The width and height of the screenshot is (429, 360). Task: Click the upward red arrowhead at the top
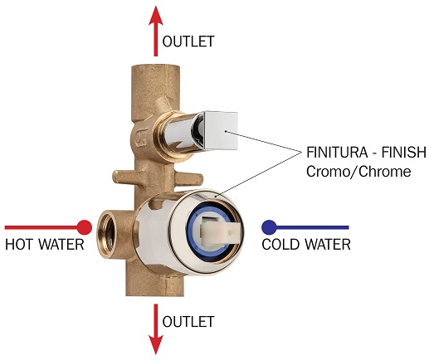tap(156, 16)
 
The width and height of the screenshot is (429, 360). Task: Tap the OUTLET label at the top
tap(188, 41)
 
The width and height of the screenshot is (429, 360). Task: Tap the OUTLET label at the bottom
tap(188, 322)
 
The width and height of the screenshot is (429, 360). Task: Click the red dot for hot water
tap(85, 227)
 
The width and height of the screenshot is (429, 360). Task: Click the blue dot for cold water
tap(269, 227)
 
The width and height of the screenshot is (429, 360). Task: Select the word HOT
tap(19, 245)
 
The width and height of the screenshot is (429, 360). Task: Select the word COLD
tap(280, 245)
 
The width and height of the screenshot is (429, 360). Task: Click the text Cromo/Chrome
tap(358, 172)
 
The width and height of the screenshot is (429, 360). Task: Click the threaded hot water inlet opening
tap(106, 234)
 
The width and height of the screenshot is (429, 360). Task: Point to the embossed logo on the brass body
tap(140, 138)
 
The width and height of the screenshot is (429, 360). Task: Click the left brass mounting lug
tap(124, 177)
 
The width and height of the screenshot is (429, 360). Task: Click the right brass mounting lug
tap(188, 178)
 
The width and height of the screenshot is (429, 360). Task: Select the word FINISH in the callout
tap(403, 153)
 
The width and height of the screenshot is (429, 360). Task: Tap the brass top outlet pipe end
tap(155, 69)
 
